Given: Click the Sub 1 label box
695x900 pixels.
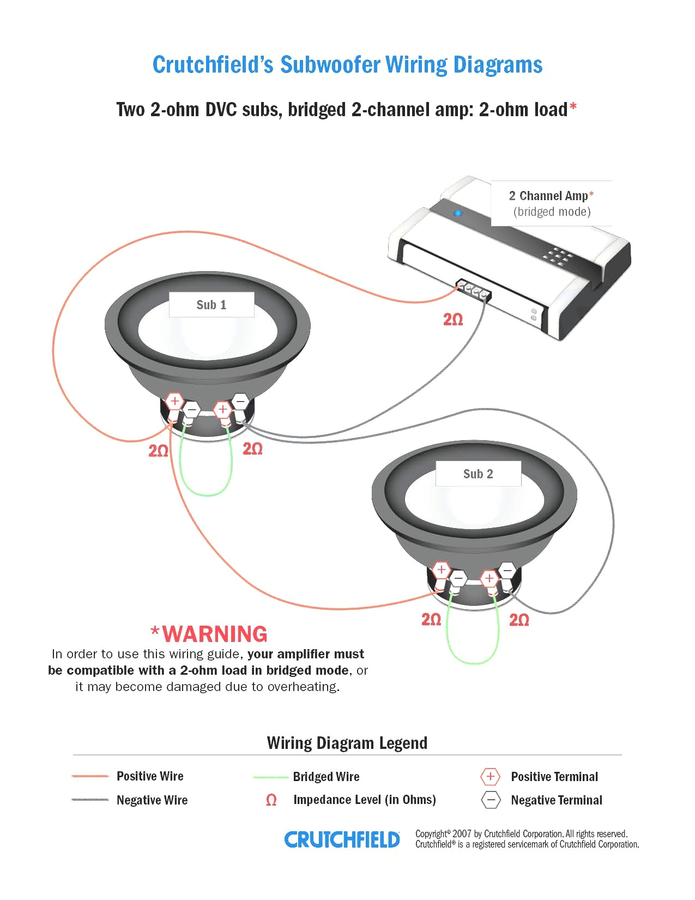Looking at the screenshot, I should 211,305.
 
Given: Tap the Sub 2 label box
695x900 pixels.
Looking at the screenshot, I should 478,474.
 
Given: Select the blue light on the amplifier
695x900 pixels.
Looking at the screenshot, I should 458,213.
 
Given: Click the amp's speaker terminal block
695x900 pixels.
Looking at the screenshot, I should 474,291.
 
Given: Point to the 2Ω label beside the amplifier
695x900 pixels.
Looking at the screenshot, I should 453,320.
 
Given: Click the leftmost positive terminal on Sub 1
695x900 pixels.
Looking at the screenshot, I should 174,401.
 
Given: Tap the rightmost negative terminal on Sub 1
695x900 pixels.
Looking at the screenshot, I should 240,401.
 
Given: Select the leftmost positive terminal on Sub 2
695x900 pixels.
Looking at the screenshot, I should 441,570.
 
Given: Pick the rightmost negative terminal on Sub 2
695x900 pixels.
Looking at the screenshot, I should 507,570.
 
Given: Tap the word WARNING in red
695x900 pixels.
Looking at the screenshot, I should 215,634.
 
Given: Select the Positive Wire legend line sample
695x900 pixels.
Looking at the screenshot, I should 90,776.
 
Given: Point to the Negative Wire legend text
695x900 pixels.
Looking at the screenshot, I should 152,800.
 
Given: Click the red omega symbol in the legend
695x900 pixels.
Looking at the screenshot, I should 271,800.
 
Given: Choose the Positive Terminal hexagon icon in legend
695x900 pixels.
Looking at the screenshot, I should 490,776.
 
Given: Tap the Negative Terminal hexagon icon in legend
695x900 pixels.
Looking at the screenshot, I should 490,800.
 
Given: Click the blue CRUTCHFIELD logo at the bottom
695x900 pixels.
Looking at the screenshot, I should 342,839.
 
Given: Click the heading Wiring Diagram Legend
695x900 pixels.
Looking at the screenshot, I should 347,743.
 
